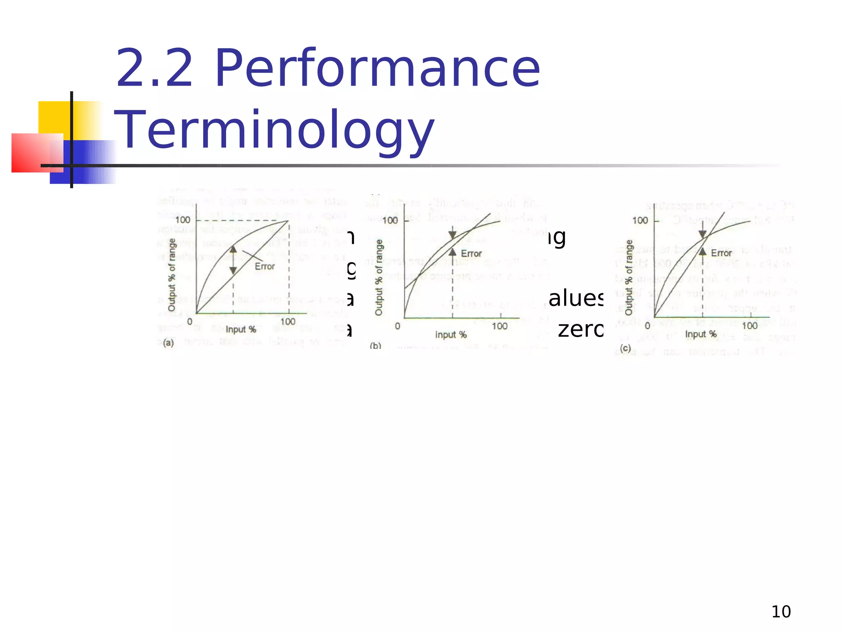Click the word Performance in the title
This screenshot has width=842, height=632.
pos(377,69)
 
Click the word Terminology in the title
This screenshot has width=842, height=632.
pos(274,130)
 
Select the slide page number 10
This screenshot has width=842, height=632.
pos(781,612)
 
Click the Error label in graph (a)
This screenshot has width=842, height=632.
pos(264,267)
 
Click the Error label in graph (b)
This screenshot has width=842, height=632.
pos(471,254)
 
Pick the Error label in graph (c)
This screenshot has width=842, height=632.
pos(721,253)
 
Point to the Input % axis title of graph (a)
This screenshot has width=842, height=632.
pos(241,330)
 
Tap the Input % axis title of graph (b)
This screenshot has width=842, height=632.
pos(451,335)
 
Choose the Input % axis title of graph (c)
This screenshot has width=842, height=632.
pos(701,334)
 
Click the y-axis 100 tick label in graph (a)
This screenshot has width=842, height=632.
pos(183,220)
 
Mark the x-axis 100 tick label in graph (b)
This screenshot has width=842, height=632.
pos(500,326)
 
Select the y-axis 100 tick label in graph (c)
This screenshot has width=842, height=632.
pos(640,221)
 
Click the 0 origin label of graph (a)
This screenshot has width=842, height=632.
pos(190,321)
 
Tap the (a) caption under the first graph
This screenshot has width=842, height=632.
pos(169,343)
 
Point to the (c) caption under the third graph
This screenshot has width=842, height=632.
pos(625,349)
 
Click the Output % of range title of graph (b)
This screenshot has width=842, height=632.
pos(379,278)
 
